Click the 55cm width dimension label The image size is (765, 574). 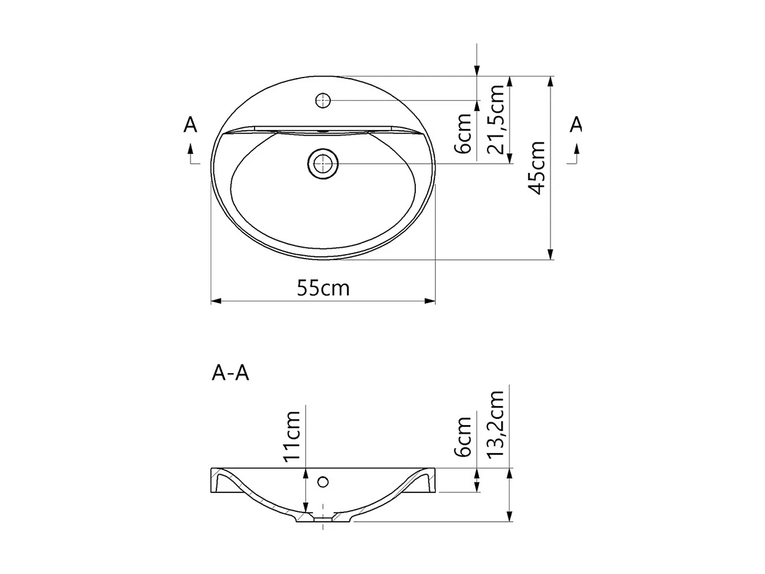(x=323, y=288)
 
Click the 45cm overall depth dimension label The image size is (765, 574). (x=537, y=168)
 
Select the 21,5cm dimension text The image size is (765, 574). (x=496, y=119)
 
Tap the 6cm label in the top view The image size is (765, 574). (x=464, y=134)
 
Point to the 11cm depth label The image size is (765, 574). (x=292, y=436)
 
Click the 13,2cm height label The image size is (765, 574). (x=496, y=425)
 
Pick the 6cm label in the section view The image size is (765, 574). (x=464, y=437)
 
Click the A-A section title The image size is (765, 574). (x=230, y=373)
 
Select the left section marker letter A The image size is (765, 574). (x=190, y=124)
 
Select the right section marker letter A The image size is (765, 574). (x=576, y=124)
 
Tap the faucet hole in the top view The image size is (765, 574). (x=323, y=101)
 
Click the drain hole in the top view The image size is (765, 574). (x=323, y=164)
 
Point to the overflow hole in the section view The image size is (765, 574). (x=323, y=481)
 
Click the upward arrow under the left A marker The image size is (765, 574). (x=190, y=148)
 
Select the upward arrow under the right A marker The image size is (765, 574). (x=577, y=148)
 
